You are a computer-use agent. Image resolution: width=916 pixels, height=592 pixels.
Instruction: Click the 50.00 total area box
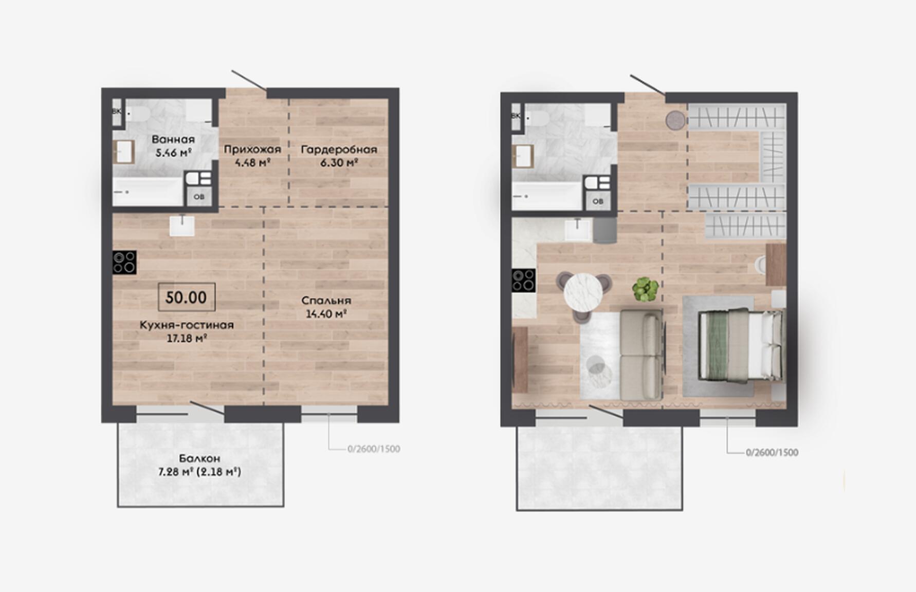187,297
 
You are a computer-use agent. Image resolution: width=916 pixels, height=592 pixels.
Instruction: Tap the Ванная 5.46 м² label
173,145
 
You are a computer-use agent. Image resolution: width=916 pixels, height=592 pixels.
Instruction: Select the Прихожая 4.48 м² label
252,156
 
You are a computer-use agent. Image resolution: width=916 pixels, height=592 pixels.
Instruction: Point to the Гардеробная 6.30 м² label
339,156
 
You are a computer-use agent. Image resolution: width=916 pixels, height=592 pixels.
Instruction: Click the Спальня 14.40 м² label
326,307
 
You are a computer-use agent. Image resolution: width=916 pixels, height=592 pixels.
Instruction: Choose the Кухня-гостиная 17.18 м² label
187,331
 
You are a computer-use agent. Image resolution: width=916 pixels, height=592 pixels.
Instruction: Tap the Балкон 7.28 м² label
199,465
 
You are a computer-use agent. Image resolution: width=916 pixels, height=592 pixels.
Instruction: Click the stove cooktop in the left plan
124,262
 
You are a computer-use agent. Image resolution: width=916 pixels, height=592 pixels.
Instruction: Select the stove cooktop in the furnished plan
523,281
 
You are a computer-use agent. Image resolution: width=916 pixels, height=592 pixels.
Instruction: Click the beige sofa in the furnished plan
641,355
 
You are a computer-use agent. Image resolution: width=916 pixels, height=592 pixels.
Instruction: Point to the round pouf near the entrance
676,120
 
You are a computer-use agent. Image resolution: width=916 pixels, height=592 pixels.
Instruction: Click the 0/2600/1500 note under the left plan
374,449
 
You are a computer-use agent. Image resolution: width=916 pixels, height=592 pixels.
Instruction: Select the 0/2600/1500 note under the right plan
772,452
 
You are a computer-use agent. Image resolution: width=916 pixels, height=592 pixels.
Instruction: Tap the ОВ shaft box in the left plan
199,196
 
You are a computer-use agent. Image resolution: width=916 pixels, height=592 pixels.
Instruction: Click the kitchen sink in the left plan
182,225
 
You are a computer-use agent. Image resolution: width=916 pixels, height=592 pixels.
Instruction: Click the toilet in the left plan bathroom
137,114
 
